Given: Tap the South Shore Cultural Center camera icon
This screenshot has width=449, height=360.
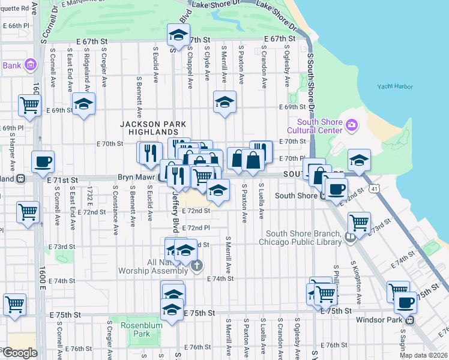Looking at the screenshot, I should (x=352, y=125).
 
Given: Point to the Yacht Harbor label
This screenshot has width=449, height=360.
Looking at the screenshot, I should (x=395, y=86).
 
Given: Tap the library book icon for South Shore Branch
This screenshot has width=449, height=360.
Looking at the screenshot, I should (x=350, y=238).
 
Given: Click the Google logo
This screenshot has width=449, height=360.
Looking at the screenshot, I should (x=19, y=352).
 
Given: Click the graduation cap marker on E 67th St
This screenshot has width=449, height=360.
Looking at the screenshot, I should (x=178, y=37).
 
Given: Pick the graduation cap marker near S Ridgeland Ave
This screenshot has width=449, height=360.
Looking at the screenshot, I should (x=83, y=104).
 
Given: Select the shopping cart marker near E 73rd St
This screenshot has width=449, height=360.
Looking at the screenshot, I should (x=359, y=222).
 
